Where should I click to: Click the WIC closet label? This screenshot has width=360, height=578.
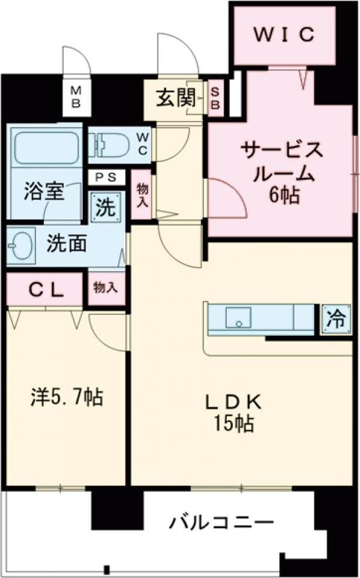[x=284, y=35]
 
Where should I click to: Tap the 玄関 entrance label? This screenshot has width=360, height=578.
[x=172, y=98]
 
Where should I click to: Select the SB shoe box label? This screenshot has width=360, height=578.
[x=216, y=98]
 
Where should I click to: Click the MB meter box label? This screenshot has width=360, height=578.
[x=76, y=96]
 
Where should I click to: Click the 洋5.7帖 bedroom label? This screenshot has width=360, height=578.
[x=67, y=397]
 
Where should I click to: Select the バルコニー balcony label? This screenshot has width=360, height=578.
[x=221, y=521]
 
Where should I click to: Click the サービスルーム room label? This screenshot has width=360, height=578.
[x=281, y=161]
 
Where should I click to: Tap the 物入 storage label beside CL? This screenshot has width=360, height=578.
[x=105, y=288]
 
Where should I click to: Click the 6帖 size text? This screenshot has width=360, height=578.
[x=283, y=196]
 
